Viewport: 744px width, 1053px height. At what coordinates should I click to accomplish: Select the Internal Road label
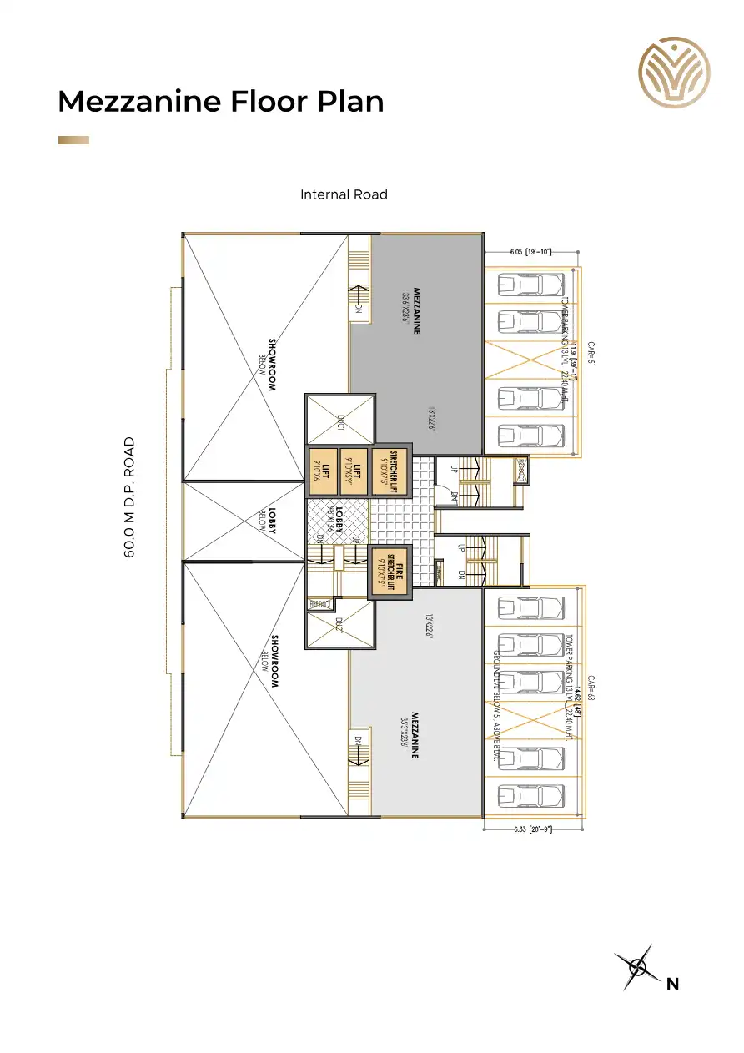coord(344,194)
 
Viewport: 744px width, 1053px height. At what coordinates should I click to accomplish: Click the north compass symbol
coord(638,968)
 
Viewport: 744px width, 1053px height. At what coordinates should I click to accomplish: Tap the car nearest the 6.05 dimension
coord(530,285)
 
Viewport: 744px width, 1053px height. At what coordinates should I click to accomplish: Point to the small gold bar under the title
coord(73,140)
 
